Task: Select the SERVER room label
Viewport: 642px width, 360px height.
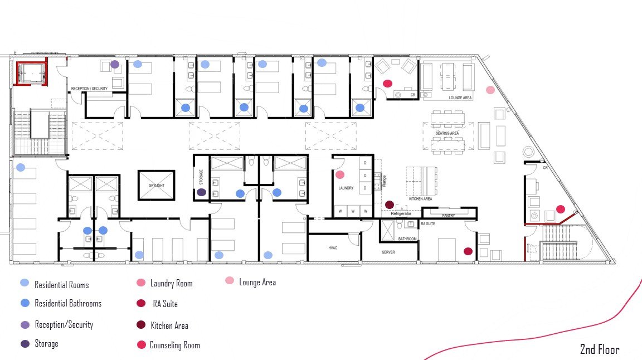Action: pos(388,252)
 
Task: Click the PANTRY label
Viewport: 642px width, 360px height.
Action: pos(449,215)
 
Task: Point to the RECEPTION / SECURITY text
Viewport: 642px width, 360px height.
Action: pos(89,89)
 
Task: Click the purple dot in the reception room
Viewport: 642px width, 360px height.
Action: pos(115,65)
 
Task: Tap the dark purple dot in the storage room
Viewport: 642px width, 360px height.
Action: pos(201,192)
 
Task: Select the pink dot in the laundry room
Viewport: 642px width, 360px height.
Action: pos(340,174)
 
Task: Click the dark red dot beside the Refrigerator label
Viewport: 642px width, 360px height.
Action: pos(390,205)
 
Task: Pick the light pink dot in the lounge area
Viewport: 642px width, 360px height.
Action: pos(490,90)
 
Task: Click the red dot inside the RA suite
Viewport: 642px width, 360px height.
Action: pos(468,251)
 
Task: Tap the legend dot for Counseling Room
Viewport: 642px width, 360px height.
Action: pos(141,345)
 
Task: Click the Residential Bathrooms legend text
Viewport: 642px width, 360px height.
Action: pos(68,304)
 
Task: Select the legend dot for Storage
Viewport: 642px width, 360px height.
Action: pos(25,344)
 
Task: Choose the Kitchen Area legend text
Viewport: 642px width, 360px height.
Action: pos(169,325)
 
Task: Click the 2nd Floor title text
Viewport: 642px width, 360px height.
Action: pos(599,350)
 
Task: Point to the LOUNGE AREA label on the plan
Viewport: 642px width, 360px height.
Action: pos(460,98)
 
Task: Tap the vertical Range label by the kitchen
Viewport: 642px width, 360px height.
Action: pos(384,180)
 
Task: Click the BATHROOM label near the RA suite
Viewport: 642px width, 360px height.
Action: pos(407,239)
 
